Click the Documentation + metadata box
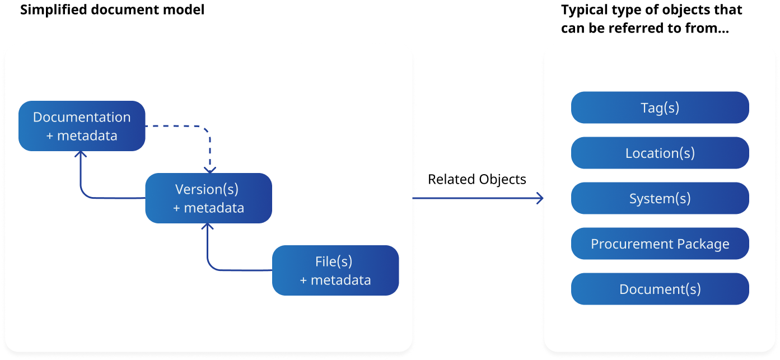pyautogui.click(x=82, y=126)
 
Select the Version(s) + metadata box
pyautogui.click(x=208, y=198)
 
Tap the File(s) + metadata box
pyautogui.click(x=335, y=270)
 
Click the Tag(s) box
pyautogui.click(x=660, y=107)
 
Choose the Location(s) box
pyautogui.click(x=660, y=153)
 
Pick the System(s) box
pyautogui.click(x=660, y=198)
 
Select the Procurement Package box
pyautogui.click(x=660, y=244)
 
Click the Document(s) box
pyautogui.click(x=660, y=289)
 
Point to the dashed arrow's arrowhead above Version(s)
pyautogui.click(x=209, y=169)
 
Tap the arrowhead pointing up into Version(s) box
pyautogui.click(x=208, y=227)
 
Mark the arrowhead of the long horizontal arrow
pyautogui.click(x=541, y=198)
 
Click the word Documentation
pyautogui.click(x=82, y=117)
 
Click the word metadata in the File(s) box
pyautogui.click(x=340, y=280)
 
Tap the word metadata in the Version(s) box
pyautogui.click(x=214, y=208)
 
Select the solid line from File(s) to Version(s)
pyautogui.click(x=235, y=270)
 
